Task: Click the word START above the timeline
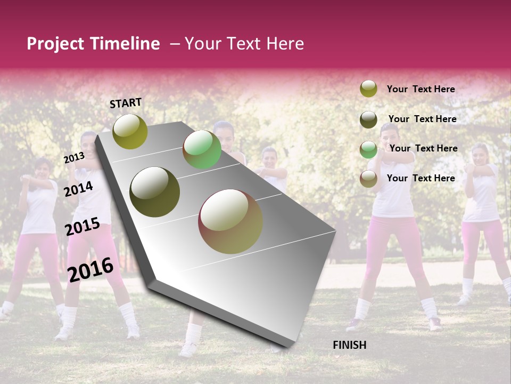[126, 103]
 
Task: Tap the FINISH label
[350, 345]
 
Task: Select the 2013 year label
[74, 158]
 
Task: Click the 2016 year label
[90, 269]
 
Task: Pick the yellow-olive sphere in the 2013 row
[130, 131]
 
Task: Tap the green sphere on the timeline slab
[202, 149]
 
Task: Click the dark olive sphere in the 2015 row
[155, 192]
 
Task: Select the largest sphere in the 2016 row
[230, 221]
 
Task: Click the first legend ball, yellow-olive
[368, 89]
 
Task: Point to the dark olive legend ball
[368, 119]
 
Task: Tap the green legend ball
[368, 149]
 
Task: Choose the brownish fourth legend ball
[368, 179]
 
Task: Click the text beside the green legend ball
[423, 148]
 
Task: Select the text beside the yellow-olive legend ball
[421, 89]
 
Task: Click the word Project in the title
[56, 44]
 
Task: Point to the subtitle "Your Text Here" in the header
[244, 44]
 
